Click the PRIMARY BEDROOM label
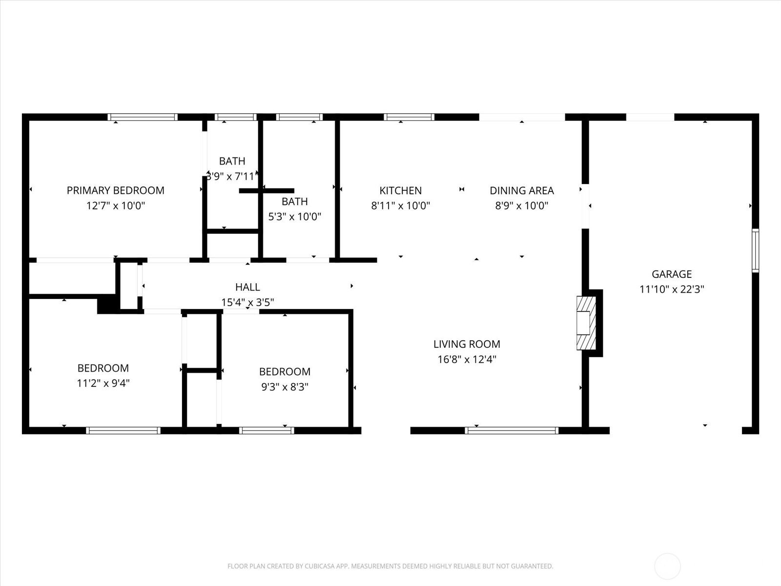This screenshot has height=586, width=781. click(x=115, y=190)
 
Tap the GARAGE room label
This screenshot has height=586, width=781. click(x=672, y=274)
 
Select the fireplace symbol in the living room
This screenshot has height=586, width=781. click(x=586, y=323)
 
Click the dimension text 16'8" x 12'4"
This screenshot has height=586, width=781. click(x=467, y=359)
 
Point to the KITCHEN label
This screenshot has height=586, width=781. click(x=400, y=190)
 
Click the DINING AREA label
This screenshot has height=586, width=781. click(x=521, y=190)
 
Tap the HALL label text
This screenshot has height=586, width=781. click(x=247, y=287)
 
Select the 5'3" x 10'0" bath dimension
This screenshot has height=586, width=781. click(x=294, y=216)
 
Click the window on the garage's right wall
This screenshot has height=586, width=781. click(x=755, y=251)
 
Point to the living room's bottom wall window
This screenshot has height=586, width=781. click(x=512, y=430)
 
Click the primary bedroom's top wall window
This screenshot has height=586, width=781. click(x=142, y=117)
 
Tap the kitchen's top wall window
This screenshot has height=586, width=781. click(x=409, y=117)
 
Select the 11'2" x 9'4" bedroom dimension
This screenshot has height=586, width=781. click(x=103, y=383)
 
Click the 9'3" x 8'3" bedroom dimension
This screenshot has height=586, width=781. click(x=285, y=387)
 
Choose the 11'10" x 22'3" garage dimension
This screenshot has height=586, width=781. click(x=672, y=289)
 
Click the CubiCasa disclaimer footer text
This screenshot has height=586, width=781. click(x=390, y=566)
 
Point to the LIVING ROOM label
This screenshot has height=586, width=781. click(x=467, y=344)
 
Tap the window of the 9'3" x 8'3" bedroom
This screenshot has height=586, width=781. click(x=267, y=430)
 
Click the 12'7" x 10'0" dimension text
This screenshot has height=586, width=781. click(x=115, y=206)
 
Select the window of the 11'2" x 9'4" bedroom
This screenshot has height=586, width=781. click(x=123, y=430)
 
